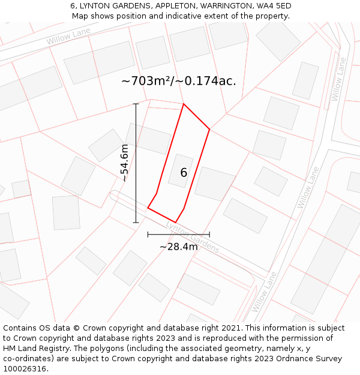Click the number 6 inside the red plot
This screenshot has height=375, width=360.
(184, 173)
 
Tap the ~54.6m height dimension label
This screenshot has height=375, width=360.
(124, 163)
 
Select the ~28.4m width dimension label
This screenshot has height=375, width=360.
(178, 247)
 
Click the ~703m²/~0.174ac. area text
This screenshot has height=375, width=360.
(178, 81)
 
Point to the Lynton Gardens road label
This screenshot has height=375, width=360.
(193, 237)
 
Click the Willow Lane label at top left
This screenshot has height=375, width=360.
(68, 36)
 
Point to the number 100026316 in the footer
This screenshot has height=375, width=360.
(23, 369)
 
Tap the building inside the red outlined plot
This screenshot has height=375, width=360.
(181, 171)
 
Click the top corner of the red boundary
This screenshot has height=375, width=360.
(184, 104)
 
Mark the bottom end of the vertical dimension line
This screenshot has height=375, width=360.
(136, 223)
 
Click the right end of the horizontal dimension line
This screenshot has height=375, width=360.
(209, 235)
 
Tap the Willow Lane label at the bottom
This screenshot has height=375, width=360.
(264, 292)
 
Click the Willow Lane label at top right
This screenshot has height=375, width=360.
(338, 79)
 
